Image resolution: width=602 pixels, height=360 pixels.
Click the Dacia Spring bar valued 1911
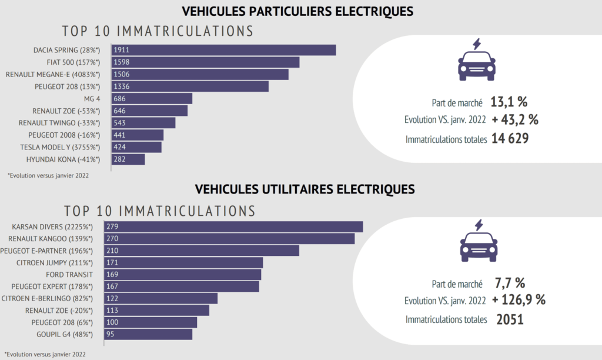pyautogui.click(x=223, y=50)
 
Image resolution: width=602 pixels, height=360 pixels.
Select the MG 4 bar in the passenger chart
pyautogui.click(x=152, y=98)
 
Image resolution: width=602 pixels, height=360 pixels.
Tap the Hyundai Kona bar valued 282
pyautogui.click(x=128, y=159)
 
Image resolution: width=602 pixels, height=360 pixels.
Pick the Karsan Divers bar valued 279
pyautogui.click(x=233, y=226)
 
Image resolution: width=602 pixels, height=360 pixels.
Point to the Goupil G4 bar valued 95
pyautogui.click(x=148, y=334)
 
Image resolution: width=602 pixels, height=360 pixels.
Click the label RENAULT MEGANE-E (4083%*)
pyautogui.click(x=53, y=74)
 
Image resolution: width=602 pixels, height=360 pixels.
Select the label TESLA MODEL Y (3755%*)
pyautogui.click(x=60, y=147)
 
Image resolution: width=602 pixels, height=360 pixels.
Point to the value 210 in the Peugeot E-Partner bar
pyautogui.click(x=113, y=251)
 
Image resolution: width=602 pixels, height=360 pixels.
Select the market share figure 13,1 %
pyautogui.click(x=509, y=102)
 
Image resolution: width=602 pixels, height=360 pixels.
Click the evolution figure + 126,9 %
pyautogui.click(x=519, y=299)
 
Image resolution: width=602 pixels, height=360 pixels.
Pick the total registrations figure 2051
pyautogui.click(x=510, y=319)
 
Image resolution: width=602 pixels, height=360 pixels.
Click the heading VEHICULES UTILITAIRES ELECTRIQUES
pyautogui.click(x=305, y=189)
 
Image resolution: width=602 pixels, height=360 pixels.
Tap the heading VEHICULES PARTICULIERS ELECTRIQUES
pyautogui.click(x=297, y=11)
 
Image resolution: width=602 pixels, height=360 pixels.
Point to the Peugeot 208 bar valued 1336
pyautogui.click(x=190, y=86)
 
